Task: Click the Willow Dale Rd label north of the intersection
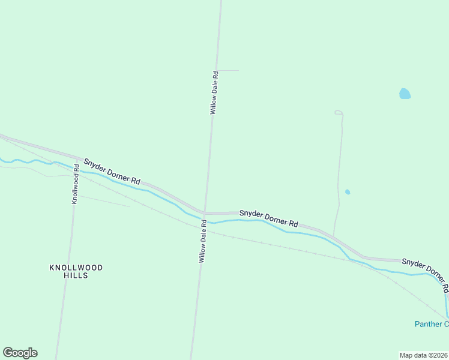[x=214, y=92]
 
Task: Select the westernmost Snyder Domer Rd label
[x=112, y=172]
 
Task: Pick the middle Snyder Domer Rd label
[x=268, y=218]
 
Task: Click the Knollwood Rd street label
[x=76, y=184]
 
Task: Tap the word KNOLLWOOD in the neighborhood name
[x=76, y=267]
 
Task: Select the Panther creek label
[x=431, y=324]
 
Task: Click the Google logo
[x=20, y=353]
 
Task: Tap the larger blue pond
[x=405, y=94]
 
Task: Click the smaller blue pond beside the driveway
[x=348, y=192]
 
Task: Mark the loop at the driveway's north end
[x=339, y=112]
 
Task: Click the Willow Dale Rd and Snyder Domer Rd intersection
[x=205, y=213]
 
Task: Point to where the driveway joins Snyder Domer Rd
[x=334, y=235]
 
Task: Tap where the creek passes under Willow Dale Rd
[x=204, y=220]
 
